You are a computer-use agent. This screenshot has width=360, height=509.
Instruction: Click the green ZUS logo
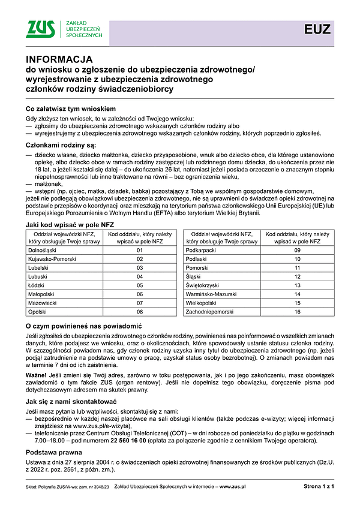(x=42, y=29)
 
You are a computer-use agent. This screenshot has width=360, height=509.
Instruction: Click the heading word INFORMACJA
(x=59, y=59)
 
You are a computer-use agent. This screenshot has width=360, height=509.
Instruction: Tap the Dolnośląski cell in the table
(x=45, y=250)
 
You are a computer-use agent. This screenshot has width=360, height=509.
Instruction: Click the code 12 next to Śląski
(x=296, y=277)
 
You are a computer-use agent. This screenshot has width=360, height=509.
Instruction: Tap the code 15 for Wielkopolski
(x=296, y=303)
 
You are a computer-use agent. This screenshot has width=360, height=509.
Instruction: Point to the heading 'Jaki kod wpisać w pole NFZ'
(x=70, y=224)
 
